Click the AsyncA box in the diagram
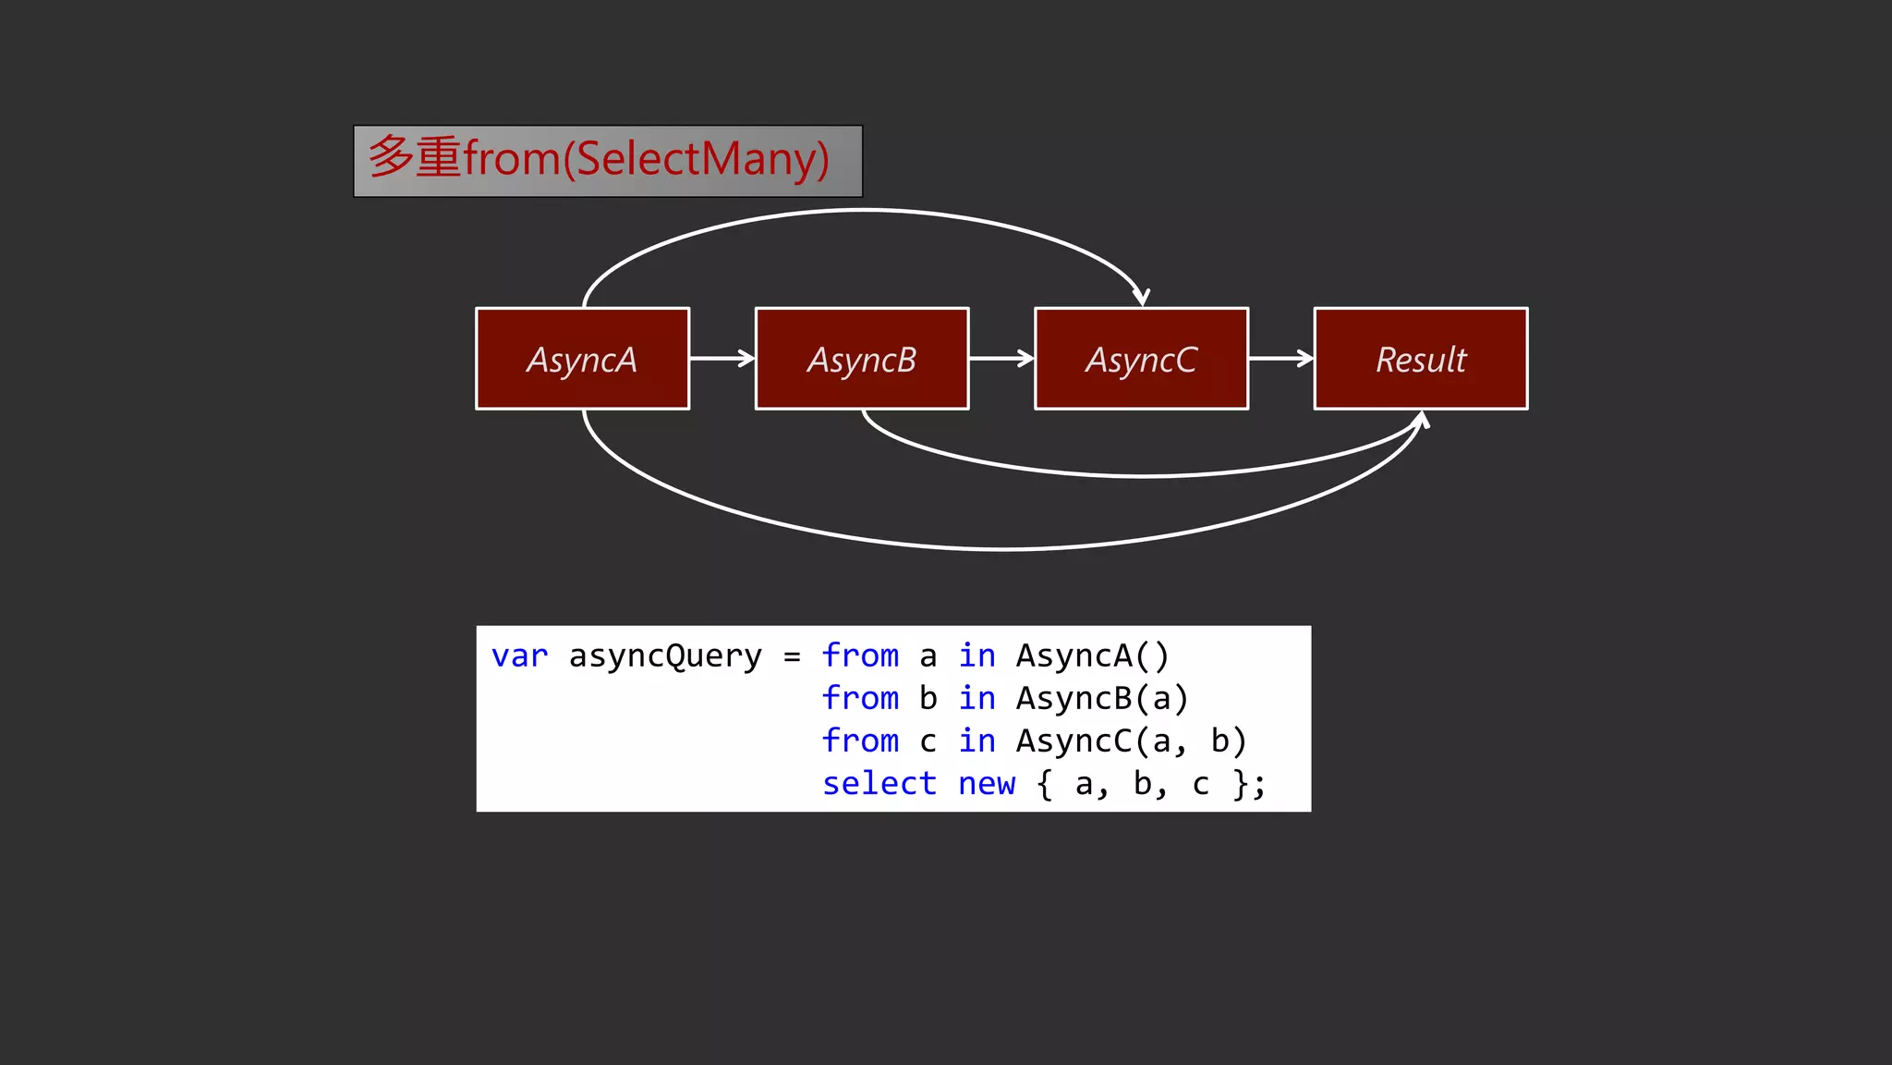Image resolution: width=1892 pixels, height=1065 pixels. [582, 359]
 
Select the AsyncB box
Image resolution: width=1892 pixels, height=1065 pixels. [862, 359]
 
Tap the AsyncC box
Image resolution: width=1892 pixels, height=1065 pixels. [1141, 359]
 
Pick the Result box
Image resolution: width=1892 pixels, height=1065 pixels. [1421, 359]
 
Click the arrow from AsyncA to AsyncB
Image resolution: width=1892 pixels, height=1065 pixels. [722, 358]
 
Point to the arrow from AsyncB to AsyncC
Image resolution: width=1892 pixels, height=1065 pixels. [1001, 358]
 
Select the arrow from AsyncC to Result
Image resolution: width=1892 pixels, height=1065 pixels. [1280, 358]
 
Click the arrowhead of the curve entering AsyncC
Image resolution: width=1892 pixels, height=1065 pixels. [1142, 296]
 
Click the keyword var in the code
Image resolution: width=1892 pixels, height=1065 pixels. [519, 656]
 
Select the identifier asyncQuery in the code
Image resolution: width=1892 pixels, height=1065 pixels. [665, 656]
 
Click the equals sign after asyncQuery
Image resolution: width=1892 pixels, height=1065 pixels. [792, 657]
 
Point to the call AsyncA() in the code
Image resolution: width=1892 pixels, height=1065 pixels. [1092, 656]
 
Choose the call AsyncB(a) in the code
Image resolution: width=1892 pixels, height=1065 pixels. [1101, 699]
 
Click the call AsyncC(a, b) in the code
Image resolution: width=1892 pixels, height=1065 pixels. [1131, 741]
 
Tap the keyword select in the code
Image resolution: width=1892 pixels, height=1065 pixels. [879, 784]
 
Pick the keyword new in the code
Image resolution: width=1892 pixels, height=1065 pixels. [986, 784]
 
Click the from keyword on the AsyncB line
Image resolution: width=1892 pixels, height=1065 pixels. [860, 699]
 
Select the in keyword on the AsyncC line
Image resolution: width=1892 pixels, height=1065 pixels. [976, 741]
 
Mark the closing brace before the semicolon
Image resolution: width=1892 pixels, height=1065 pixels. [1241, 784]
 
